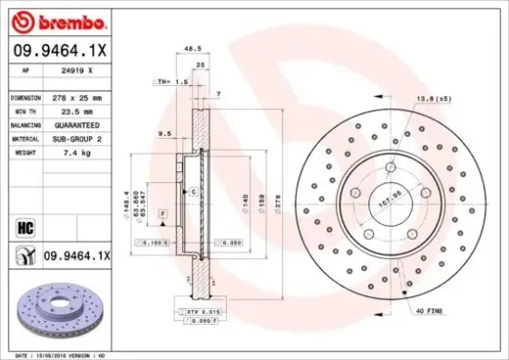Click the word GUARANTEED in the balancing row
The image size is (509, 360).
[x=76, y=122]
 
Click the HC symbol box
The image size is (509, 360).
[x=25, y=225]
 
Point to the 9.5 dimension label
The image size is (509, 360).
[x=166, y=133]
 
